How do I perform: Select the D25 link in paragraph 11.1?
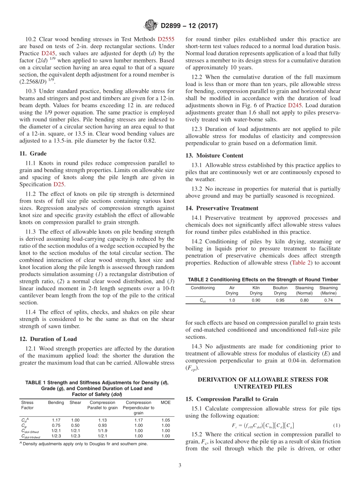coord(59,184)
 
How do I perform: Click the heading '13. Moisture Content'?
coord(214,155)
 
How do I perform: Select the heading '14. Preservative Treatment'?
coord(222,208)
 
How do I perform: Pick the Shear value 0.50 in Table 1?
coord(75,425)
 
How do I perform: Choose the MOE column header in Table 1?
coord(166,402)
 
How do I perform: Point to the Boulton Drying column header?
coord(280,290)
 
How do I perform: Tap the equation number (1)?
coord(336,425)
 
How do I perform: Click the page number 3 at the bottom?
coord(180,466)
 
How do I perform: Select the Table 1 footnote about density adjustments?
coord(84,443)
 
